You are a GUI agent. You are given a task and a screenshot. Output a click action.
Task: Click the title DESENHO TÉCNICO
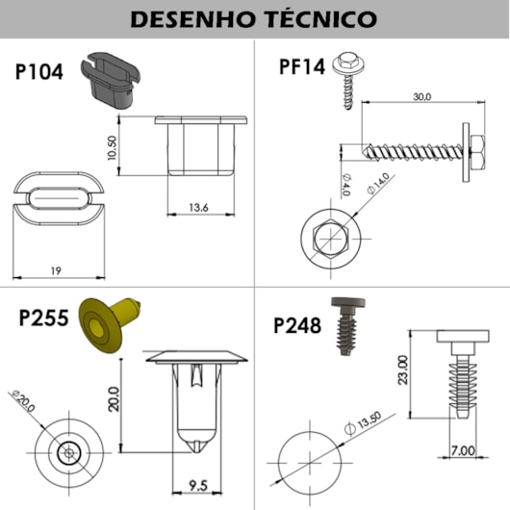254,19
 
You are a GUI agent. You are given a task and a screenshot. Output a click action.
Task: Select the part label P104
40,72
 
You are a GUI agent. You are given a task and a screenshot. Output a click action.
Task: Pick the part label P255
41,319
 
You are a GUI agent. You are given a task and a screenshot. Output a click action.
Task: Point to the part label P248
299,324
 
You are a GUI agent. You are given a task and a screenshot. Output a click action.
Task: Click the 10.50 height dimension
113,147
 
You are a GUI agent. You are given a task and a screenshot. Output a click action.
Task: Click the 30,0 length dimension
421,97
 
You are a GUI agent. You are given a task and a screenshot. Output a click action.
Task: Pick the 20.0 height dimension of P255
114,397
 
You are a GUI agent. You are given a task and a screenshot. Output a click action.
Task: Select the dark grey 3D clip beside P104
111,80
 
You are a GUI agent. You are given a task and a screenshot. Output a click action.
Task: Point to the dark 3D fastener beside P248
345,326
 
